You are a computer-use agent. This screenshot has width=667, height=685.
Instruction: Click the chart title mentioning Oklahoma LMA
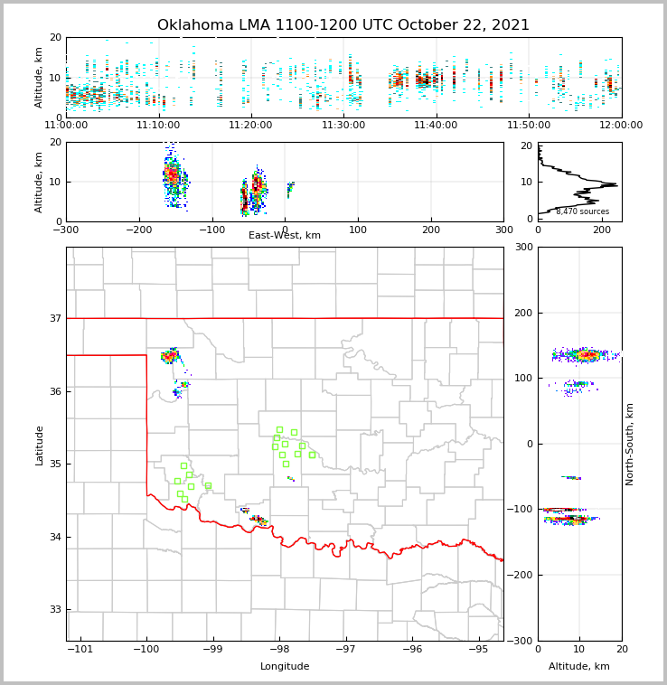tap(343, 25)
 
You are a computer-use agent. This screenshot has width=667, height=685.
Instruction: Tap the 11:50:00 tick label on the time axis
tap(529, 126)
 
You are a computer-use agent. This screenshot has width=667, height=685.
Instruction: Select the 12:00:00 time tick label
tap(622, 126)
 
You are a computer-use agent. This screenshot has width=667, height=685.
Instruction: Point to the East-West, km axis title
tap(285, 236)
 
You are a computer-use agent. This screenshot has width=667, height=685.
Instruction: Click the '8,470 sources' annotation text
tap(582, 211)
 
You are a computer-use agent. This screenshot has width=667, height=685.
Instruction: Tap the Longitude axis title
tap(285, 667)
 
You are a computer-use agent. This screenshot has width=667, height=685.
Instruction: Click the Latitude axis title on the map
tap(39, 445)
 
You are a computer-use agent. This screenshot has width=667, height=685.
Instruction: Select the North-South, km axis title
tap(630, 444)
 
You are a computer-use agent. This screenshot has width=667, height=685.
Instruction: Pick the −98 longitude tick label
tap(279, 650)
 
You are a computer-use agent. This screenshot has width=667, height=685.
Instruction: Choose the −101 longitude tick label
tap(80, 650)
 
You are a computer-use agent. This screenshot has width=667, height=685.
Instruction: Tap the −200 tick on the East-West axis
tap(138, 230)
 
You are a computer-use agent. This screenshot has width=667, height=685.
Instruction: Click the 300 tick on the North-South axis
tap(522, 248)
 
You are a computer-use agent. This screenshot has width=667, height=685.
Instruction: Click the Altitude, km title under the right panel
tap(579, 667)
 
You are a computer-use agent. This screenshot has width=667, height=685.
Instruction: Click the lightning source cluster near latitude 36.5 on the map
tap(170, 356)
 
